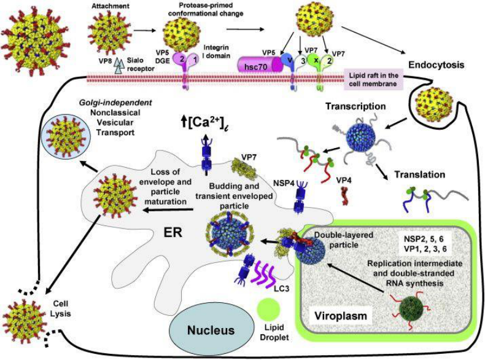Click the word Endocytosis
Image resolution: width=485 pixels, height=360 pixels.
pos(434,63)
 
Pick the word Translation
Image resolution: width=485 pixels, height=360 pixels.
pos(421,174)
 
